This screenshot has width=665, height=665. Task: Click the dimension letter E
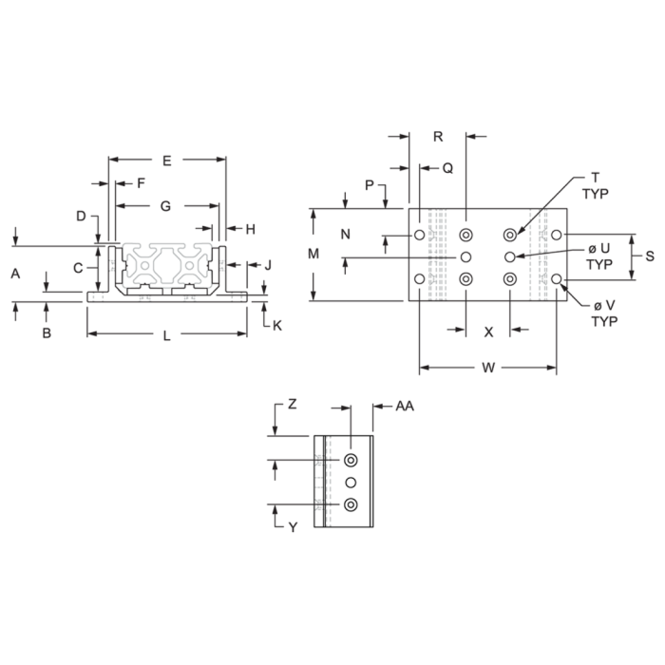click(167, 161)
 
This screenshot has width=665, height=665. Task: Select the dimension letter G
click(165, 206)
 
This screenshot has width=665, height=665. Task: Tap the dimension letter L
click(166, 336)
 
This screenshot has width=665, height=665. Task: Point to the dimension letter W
click(488, 368)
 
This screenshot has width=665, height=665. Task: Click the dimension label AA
click(405, 407)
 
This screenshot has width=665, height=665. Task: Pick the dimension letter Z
click(293, 405)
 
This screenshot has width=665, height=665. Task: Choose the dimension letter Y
click(293, 527)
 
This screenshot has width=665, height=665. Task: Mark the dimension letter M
click(313, 254)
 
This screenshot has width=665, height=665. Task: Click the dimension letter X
click(488, 332)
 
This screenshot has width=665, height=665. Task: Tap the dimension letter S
click(650, 256)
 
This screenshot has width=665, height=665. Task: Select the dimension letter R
click(438, 137)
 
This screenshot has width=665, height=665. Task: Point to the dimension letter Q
click(447, 169)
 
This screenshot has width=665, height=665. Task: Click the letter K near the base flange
click(277, 326)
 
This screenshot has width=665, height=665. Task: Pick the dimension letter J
click(268, 266)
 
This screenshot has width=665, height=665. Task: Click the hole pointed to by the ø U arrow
click(510, 256)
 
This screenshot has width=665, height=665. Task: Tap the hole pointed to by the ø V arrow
click(557, 278)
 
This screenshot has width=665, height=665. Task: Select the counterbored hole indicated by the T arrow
click(510, 235)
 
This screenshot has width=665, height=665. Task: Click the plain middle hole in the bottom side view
click(351, 483)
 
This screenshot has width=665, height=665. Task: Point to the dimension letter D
click(81, 217)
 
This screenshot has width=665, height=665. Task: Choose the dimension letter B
click(47, 333)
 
